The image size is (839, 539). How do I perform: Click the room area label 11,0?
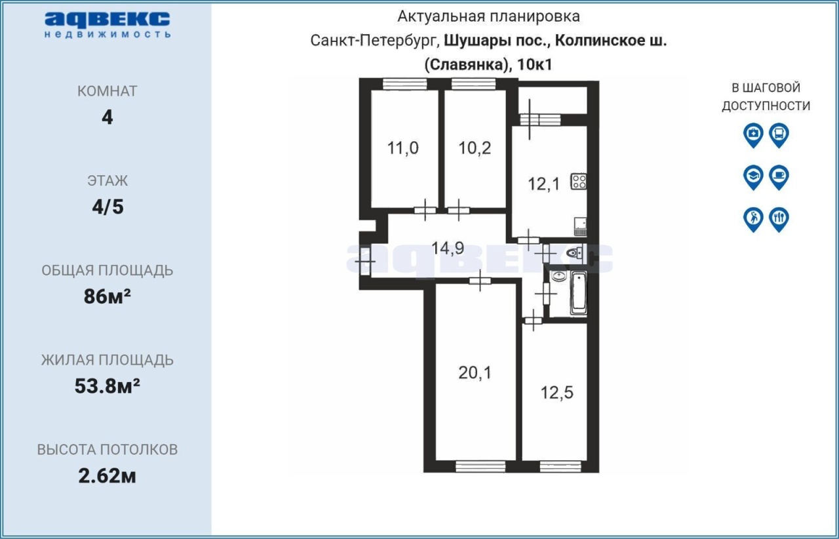[x=402, y=148]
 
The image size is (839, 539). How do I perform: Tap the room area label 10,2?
[x=475, y=148]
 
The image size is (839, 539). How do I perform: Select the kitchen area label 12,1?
[x=543, y=184]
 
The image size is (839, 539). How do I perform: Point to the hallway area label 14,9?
[x=448, y=248]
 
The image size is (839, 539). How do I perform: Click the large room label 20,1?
[x=475, y=373]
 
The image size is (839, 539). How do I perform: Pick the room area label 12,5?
[x=556, y=393]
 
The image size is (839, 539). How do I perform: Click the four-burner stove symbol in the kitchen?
[x=579, y=182]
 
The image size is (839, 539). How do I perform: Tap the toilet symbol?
[x=574, y=253]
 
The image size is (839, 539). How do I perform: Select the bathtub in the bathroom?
[x=578, y=293]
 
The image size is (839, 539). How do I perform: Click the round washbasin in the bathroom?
[x=558, y=276]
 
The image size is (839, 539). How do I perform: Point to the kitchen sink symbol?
[x=580, y=226]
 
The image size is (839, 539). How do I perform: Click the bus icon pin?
[x=779, y=135]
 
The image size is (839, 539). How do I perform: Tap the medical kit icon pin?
[x=753, y=135]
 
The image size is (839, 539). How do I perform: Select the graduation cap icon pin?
[x=753, y=177]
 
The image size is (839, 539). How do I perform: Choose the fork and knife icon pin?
[x=779, y=220]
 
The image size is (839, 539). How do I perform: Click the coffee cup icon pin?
[x=779, y=177]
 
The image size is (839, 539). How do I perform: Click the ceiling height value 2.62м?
[x=107, y=476]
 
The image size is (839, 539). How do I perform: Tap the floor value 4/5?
[x=108, y=207]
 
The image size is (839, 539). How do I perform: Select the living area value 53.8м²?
[x=107, y=386]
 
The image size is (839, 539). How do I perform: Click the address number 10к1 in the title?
[x=535, y=65]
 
